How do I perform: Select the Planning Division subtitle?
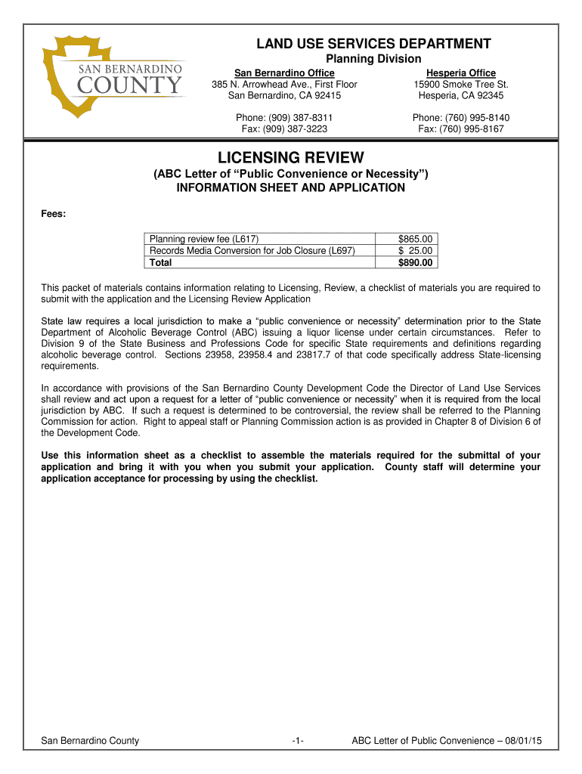(373, 59)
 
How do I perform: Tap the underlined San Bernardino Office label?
(284, 73)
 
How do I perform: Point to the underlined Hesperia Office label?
(461, 73)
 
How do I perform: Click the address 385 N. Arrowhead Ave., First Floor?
(284, 84)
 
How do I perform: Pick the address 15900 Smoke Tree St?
(461, 84)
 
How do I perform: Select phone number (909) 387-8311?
(284, 118)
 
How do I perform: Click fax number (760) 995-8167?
(461, 129)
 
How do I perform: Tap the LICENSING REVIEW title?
(291, 158)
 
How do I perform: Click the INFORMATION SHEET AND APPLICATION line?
(291, 187)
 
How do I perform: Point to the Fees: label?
(53, 215)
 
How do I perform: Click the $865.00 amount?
(415, 239)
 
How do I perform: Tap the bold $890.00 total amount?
(415, 262)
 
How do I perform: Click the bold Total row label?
(161, 262)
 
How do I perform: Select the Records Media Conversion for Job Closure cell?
(252, 250)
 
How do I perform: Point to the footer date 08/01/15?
(522, 741)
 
